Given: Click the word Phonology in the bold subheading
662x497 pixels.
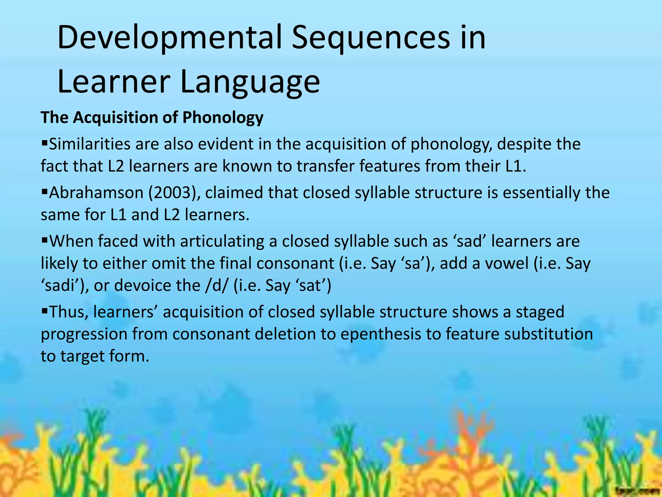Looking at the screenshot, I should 223,117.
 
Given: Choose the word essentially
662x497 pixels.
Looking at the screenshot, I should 542,193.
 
